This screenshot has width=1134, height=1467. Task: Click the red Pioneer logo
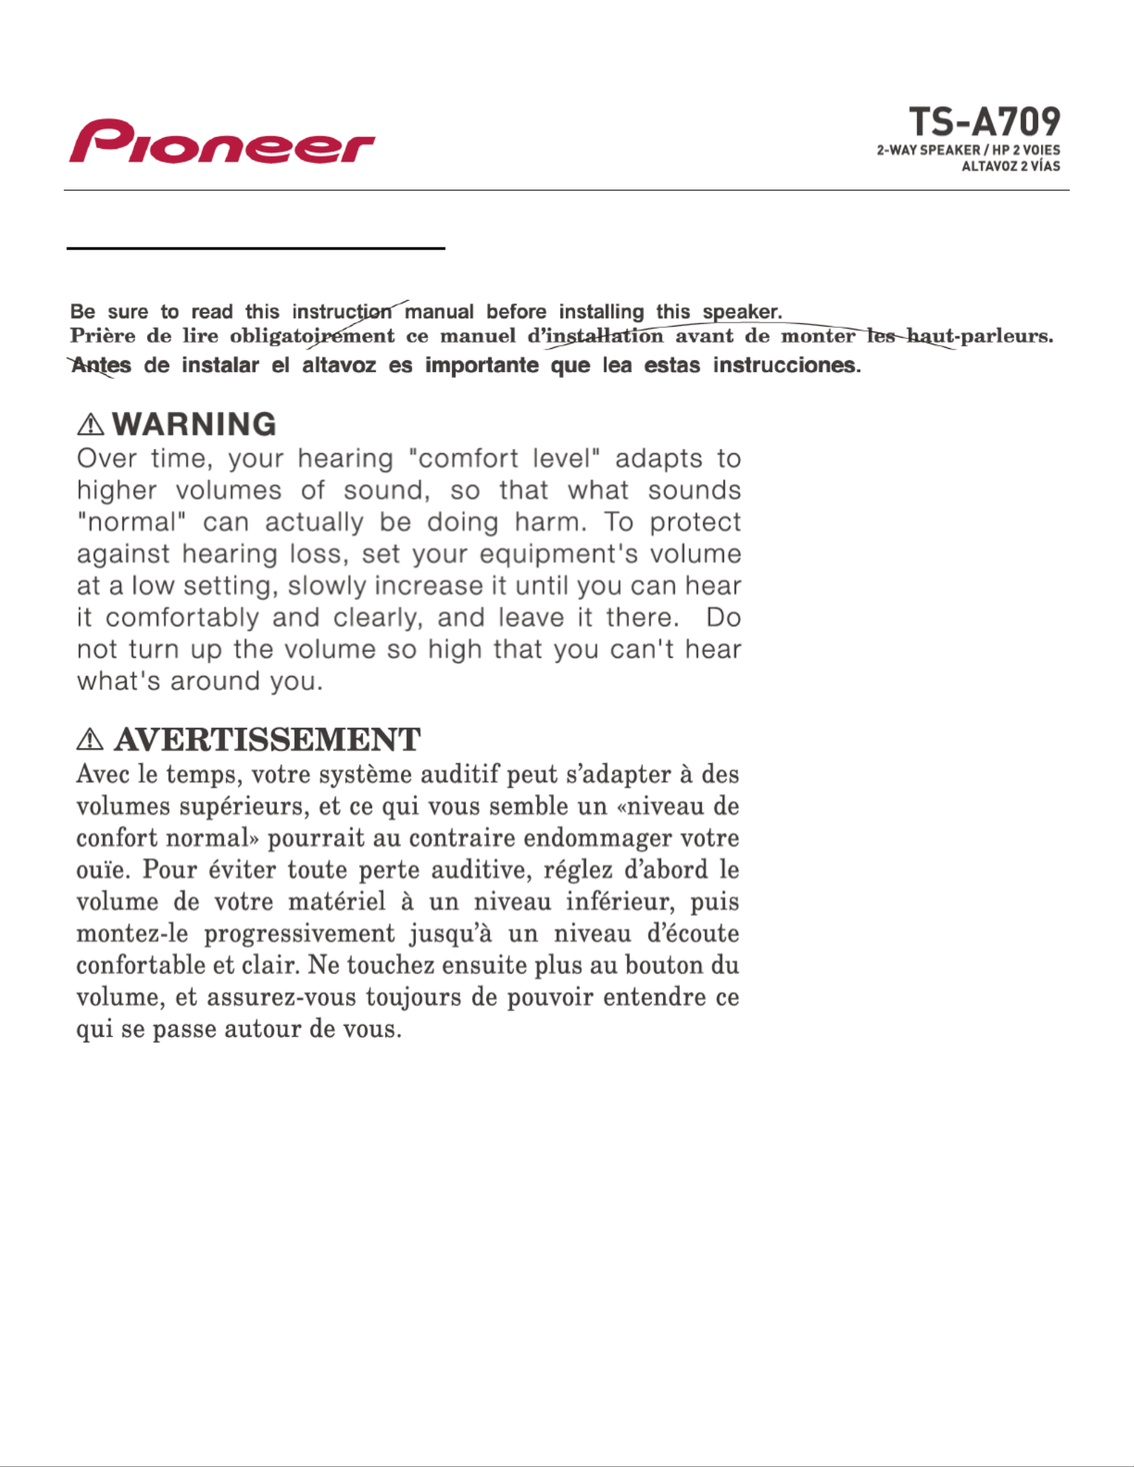(222, 142)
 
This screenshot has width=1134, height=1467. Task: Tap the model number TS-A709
(984, 122)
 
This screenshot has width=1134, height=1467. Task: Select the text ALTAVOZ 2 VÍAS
(1010, 166)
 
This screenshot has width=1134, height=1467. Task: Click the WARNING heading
(194, 424)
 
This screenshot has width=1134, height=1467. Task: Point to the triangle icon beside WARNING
(91, 424)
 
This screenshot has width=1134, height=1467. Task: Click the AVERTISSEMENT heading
(267, 740)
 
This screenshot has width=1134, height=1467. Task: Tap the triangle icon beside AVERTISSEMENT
(90, 740)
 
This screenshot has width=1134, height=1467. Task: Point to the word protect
(695, 522)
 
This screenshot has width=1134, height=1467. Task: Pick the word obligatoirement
(312, 336)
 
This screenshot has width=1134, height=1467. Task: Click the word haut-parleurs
(980, 336)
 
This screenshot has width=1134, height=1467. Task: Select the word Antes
(101, 365)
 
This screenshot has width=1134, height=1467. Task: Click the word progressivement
(299, 933)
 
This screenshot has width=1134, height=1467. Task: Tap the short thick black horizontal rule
(256, 248)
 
